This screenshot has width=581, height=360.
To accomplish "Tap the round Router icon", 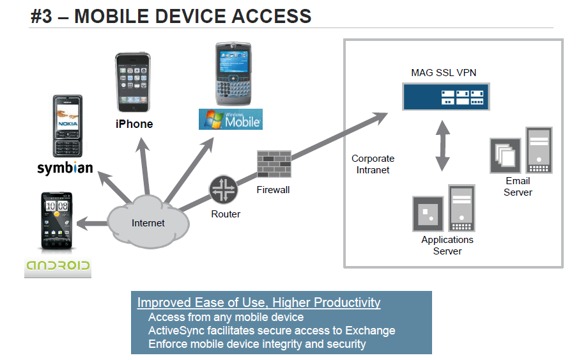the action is point(224,189).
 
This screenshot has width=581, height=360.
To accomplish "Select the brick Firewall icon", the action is point(274,164).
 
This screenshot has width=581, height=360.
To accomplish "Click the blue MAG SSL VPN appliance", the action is point(445,97).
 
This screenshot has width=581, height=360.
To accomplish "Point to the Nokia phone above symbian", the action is point(68,126).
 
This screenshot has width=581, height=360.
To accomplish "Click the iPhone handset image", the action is point(133,82).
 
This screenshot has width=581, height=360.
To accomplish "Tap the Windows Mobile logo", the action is point(231,119).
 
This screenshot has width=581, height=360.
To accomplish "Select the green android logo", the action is point(58,266).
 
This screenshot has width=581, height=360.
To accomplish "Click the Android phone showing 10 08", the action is point(57,221).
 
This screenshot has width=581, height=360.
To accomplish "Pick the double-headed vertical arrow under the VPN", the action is point(442,145).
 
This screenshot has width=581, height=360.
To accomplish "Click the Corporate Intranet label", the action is point(373,164).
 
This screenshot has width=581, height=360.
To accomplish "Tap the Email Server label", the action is point(518,187).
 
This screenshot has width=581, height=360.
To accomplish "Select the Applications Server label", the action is point(447,246).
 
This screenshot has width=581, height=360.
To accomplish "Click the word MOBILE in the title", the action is point(112,17).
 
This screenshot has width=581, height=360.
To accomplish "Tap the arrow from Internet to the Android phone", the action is point(92,224).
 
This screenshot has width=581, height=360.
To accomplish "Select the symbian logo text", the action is point(65,168).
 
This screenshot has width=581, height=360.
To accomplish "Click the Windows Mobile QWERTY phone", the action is point(233,74).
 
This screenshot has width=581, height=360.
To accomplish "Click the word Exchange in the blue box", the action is point(370,331).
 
